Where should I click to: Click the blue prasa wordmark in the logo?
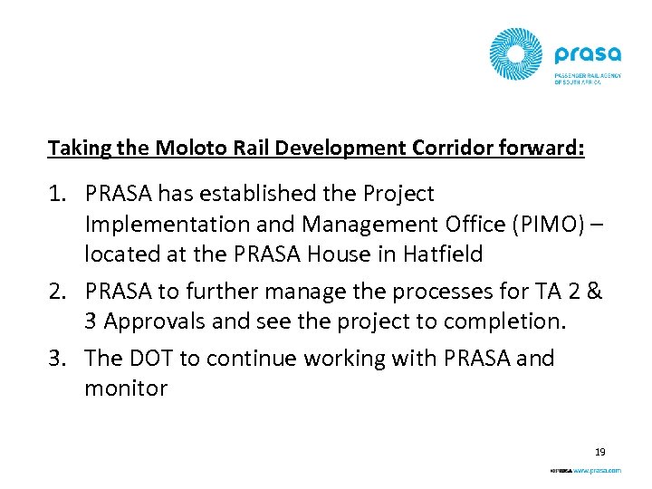[x=589, y=55]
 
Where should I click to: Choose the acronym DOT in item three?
[x=151, y=359]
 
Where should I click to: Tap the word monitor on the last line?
[x=126, y=389]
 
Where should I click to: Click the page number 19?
[x=599, y=451]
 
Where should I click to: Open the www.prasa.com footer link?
[x=597, y=471]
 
